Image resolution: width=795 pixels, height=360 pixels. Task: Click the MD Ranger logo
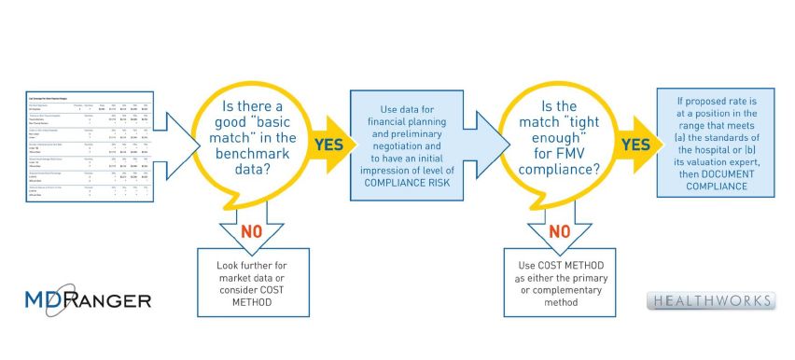[x=88, y=300]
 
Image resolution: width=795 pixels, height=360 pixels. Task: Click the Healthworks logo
[x=711, y=301]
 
